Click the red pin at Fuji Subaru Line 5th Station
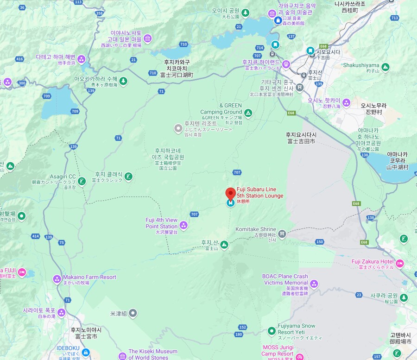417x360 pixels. click(x=230, y=194)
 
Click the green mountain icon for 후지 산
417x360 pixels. click(x=224, y=244)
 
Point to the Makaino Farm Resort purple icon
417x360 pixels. click(x=57, y=279)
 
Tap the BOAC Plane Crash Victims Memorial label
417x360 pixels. click(x=285, y=279)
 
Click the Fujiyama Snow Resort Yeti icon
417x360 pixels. click(x=272, y=331)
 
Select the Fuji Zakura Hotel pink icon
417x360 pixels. click(x=399, y=264)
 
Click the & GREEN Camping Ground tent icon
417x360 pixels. click(x=248, y=113)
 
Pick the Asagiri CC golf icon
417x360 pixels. click(x=82, y=181)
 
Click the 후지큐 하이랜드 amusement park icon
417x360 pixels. click(x=286, y=64)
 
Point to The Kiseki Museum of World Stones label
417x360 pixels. click(x=153, y=354)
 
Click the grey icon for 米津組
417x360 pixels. click(x=133, y=313)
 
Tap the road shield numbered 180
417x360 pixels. click(x=239, y=334)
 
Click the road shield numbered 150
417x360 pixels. click(x=320, y=241)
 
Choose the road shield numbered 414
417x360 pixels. click(x=35, y=236)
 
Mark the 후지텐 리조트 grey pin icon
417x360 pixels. click(x=178, y=128)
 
